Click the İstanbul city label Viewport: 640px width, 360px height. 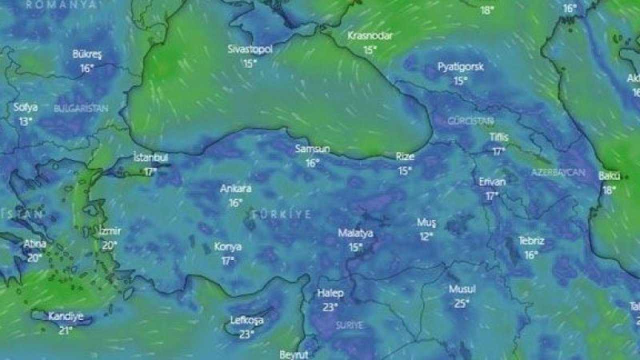coord(150,157)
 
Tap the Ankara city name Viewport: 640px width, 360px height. coord(235,189)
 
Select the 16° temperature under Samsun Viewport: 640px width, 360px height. coord(312,162)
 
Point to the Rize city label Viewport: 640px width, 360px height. coord(405,156)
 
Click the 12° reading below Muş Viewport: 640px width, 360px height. coord(426,236)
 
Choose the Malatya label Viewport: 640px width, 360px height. coord(355,233)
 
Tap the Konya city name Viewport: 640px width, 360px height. coord(227,246)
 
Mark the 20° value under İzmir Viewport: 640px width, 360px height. coord(109,245)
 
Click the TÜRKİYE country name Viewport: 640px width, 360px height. coord(282,214)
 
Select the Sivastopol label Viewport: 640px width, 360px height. coord(250,49)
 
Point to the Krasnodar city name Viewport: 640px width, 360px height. coord(370,36)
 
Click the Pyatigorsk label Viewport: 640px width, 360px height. coord(460,66)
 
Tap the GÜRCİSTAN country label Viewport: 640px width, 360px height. coord(470,121)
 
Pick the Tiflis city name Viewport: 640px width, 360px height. coord(498,137)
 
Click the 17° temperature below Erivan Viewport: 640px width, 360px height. coord(492,196)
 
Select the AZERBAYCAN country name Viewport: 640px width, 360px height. coord(558,172)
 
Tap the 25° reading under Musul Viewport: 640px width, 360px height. coord(461,303)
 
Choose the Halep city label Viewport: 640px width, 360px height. coord(330,293)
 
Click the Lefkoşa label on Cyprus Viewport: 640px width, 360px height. coord(246,320)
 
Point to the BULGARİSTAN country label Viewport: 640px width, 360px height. coord(81,108)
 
